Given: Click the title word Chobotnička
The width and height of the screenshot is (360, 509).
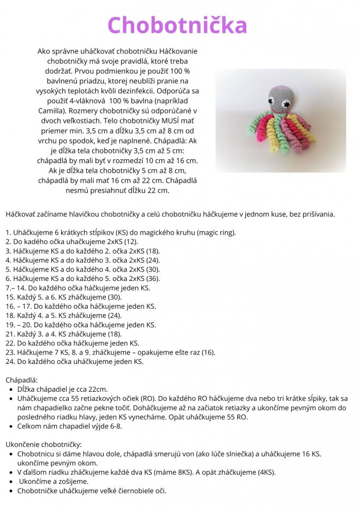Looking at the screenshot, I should click(177, 26).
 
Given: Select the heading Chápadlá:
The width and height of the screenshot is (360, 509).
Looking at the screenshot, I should click(21, 380).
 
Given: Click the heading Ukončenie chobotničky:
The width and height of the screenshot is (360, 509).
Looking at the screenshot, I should click(44, 445).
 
